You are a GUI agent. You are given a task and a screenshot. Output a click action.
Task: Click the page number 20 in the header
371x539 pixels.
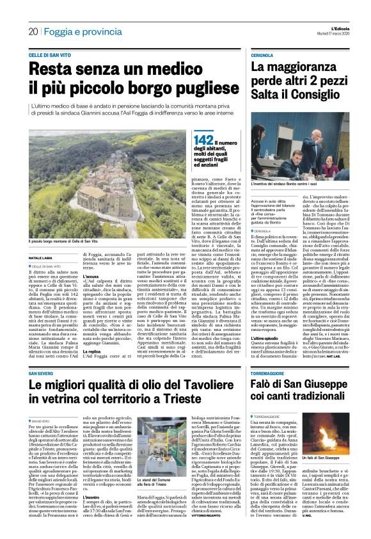33,31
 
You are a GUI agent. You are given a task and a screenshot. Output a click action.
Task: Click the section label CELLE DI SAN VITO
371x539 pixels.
50,56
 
